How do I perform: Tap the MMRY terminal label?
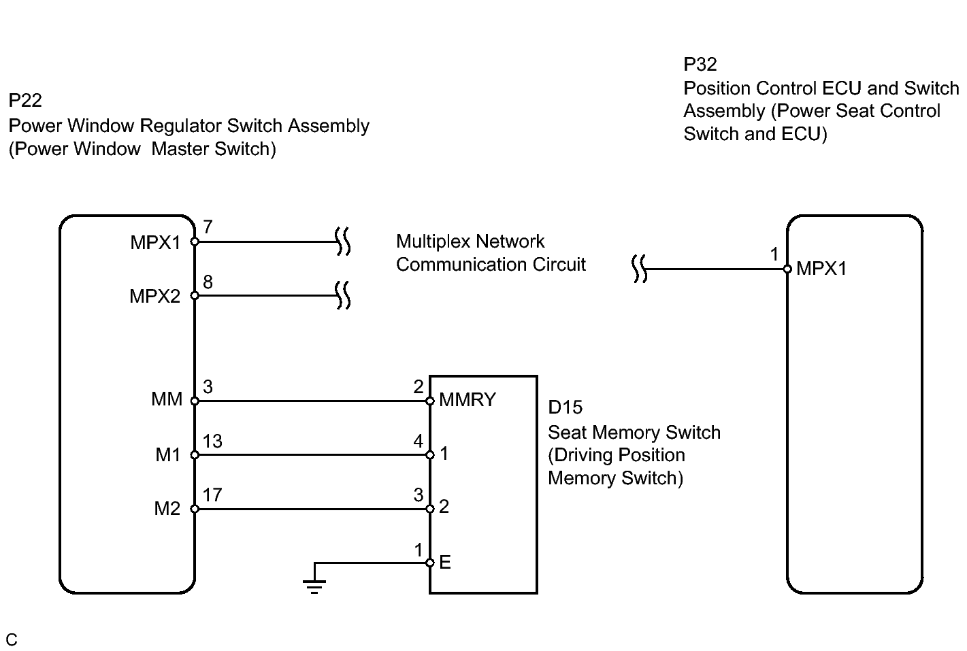(x=468, y=399)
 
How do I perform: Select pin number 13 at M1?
(x=212, y=441)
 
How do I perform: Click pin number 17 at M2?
(x=212, y=495)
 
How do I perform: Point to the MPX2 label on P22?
(x=154, y=297)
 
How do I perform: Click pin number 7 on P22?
(x=208, y=227)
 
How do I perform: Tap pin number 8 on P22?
(x=208, y=282)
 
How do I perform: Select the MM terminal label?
(x=167, y=399)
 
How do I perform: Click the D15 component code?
(x=565, y=407)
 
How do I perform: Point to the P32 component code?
(x=700, y=64)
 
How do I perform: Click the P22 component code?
(x=25, y=101)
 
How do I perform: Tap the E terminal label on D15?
(x=445, y=562)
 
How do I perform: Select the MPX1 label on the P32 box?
(x=821, y=268)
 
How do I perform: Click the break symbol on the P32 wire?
(x=640, y=269)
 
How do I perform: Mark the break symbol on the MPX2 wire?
(x=343, y=295)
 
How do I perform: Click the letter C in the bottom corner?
(x=12, y=639)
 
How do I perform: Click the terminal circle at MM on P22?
(x=195, y=401)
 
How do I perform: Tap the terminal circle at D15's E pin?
(x=429, y=563)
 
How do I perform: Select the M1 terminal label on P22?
(x=167, y=454)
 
